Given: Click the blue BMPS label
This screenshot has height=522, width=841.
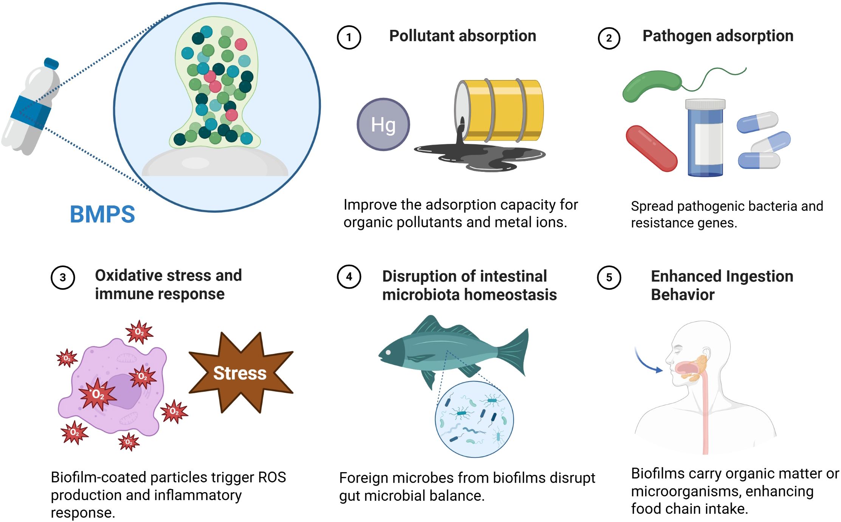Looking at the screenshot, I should click(x=102, y=214).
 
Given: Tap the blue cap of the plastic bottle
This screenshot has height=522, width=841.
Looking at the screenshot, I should click(x=51, y=63).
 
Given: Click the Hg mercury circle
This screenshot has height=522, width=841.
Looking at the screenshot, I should click(x=383, y=124).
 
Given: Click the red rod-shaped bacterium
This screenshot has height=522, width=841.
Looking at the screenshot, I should click(x=651, y=148).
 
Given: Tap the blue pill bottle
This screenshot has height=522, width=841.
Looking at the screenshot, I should click(x=705, y=138).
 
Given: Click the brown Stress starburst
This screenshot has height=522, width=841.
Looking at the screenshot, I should click(x=240, y=373).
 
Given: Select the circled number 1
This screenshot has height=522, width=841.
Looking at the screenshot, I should click(x=348, y=37).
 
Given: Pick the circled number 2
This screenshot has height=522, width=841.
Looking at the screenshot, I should click(x=609, y=38).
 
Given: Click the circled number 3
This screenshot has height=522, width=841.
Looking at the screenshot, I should click(x=63, y=278).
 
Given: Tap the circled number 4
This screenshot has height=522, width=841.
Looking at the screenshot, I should click(x=348, y=277).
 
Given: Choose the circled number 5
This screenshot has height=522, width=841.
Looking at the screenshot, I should click(x=609, y=278).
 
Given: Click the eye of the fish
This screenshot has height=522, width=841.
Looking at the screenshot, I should click(x=388, y=353).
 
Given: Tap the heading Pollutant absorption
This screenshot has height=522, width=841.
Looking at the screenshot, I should click(x=462, y=36).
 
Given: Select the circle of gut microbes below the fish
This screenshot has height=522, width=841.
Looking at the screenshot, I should click(x=474, y=419).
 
